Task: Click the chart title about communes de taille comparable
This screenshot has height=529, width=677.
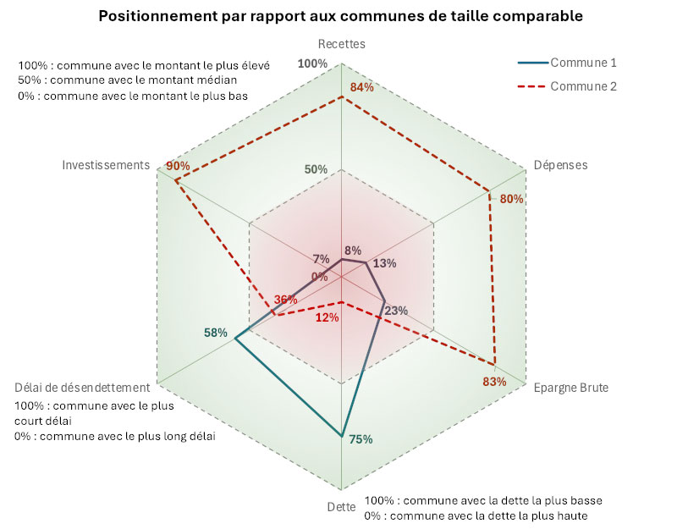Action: [341, 16]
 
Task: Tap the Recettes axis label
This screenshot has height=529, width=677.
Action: [341, 44]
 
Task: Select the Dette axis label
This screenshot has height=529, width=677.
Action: [341, 507]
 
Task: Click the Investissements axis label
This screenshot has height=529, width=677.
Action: [106, 164]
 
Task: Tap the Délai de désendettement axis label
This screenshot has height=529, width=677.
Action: [82, 387]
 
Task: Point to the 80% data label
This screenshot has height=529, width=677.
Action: [512, 200]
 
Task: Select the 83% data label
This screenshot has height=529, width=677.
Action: [494, 382]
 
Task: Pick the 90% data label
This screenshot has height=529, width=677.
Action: [178, 166]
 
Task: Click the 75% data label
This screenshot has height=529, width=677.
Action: [361, 439]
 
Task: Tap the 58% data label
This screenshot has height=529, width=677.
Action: [216, 333]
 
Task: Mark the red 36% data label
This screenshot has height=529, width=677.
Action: [285, 300]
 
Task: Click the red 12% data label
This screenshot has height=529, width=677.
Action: [327, 318]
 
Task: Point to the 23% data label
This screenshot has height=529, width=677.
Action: [396, 311]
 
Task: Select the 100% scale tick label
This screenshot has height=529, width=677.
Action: [312, 64]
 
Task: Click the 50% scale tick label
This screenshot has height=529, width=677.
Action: [316, 169]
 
